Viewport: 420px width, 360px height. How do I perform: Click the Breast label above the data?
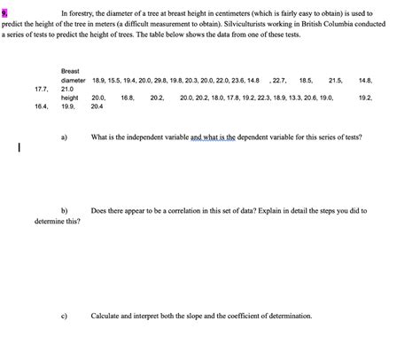[71, 70]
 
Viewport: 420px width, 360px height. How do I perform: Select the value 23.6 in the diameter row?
[232, 80]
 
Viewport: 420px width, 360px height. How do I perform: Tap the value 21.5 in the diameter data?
[335, 80]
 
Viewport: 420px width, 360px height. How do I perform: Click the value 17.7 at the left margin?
[41, 90]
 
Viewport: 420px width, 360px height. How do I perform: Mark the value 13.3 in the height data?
[298, 98]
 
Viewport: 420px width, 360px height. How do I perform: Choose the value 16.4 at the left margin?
[41, 107]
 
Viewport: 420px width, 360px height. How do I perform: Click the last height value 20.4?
[97, 107]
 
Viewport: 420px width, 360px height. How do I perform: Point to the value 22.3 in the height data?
[261, 98]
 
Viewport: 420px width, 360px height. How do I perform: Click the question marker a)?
[65, 137]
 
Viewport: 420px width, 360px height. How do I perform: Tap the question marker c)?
[65, 316]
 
